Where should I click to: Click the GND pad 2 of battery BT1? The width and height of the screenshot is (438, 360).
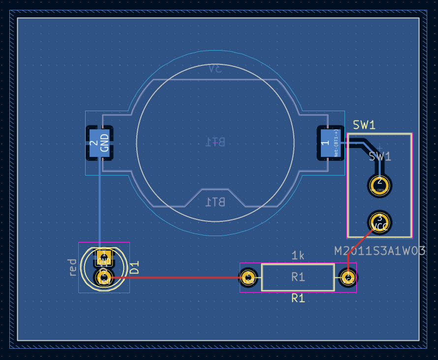click(x=99, y=143)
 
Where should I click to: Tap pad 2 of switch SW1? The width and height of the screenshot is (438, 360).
click(x=379, y=185)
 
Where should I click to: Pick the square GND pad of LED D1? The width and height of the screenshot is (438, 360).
click(x=104, y=257)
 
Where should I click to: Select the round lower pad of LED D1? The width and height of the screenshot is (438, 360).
click(x=104, y=278)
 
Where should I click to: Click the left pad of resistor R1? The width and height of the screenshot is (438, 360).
click(x=249, y=278)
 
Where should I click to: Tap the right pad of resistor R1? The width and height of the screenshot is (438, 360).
click(x=348, y=278)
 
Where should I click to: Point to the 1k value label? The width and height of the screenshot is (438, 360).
click(x=298, y=255)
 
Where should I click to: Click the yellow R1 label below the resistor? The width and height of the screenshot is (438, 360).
click(x=298, y=298)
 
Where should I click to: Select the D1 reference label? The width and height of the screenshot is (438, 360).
click(x=135, y=268)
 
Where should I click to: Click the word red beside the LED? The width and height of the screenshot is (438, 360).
click(x=73, y=267)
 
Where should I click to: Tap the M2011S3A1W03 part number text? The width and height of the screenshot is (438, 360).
click(x=379, y=251)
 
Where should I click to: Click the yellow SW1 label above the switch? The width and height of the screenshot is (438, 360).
click(x=364, y=125)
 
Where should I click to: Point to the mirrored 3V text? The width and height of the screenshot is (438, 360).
click(x=215, y=69)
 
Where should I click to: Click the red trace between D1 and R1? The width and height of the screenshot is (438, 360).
click(x=177, y=277)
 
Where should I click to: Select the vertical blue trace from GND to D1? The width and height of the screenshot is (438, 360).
click(x=99, y=207)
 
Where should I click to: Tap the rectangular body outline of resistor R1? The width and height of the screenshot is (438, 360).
click(x=298, y=266)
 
